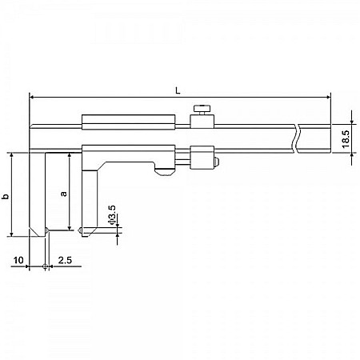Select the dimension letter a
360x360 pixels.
click(x=63, y=194)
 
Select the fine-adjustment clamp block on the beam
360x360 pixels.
click(x=203, y=155)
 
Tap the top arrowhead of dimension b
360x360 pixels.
click(x=13, y=155)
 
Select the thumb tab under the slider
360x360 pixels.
click(x=164, y=170)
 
